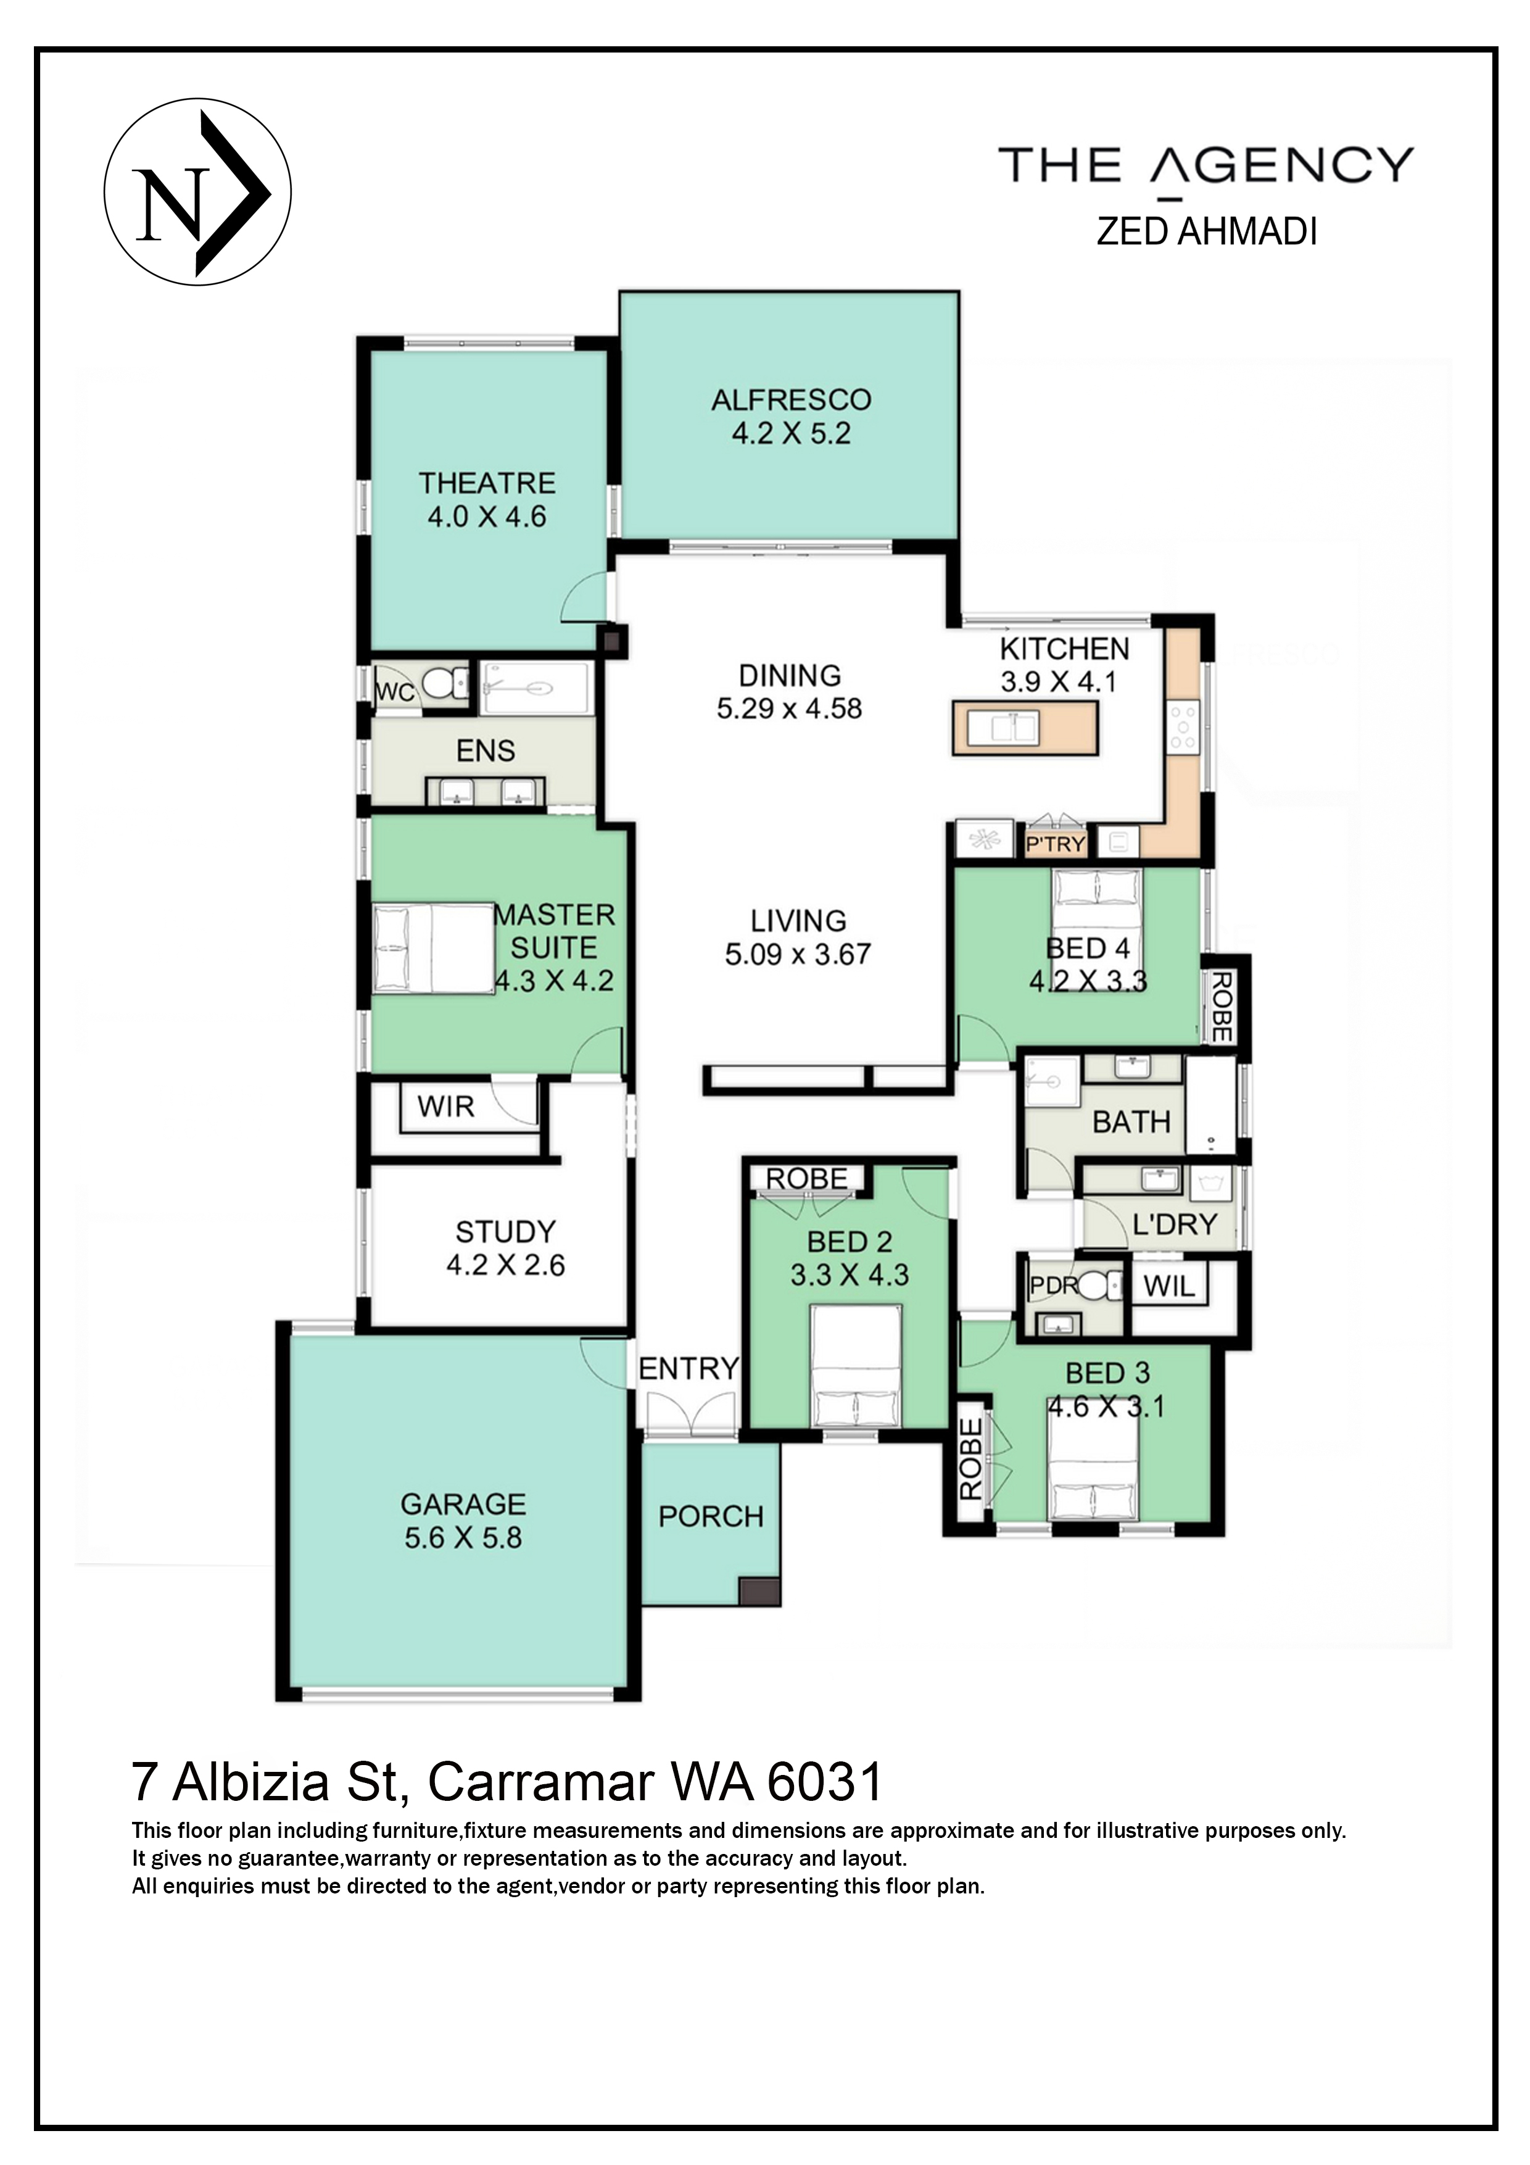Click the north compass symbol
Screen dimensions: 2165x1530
point(197,193)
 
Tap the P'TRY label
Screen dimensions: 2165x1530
point(1055,844)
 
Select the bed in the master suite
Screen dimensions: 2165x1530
point(432,949)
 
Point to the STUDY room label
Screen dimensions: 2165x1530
point(505,1231)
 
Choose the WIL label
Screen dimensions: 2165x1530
point(1169,1285)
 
